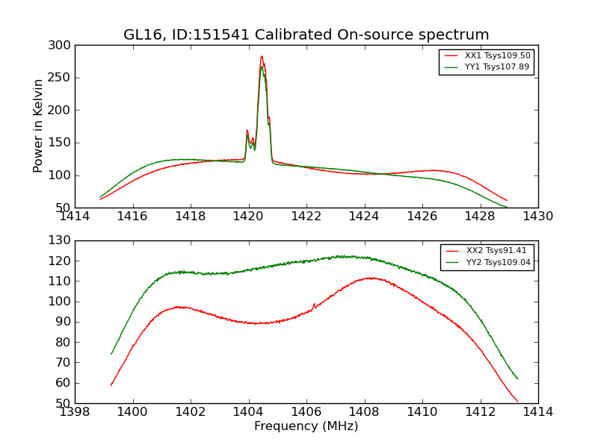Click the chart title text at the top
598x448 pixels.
[x=306, y=35]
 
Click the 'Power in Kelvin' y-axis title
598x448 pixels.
[x=38, y=125]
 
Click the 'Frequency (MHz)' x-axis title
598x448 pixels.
[x=306, y=426]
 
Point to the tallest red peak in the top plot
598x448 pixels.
[x=262, y=57]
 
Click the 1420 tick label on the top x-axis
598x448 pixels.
[x=248, y=217]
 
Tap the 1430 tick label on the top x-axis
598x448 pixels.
[x=537, y=217]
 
